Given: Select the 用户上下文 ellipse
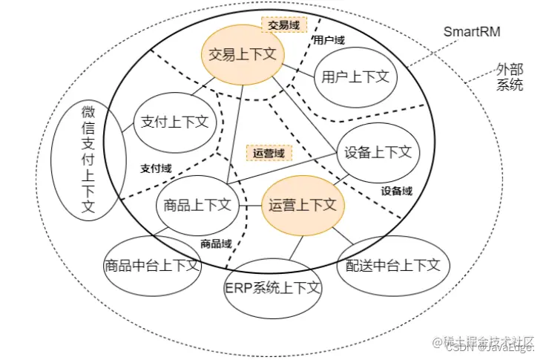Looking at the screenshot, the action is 355,76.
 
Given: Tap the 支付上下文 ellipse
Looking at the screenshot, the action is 174,122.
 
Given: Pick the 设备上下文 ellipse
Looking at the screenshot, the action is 378,152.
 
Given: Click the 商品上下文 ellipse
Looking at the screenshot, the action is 197,205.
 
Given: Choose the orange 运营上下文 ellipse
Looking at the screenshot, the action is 303,205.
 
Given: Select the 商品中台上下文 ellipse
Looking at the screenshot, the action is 152,264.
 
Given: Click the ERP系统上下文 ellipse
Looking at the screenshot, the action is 272,287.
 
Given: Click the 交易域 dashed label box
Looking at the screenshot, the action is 283,24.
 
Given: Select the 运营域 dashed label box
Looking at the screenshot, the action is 269,153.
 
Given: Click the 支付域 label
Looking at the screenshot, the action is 156,168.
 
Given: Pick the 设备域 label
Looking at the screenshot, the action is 397,191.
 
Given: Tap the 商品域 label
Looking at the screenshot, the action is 217,243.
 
